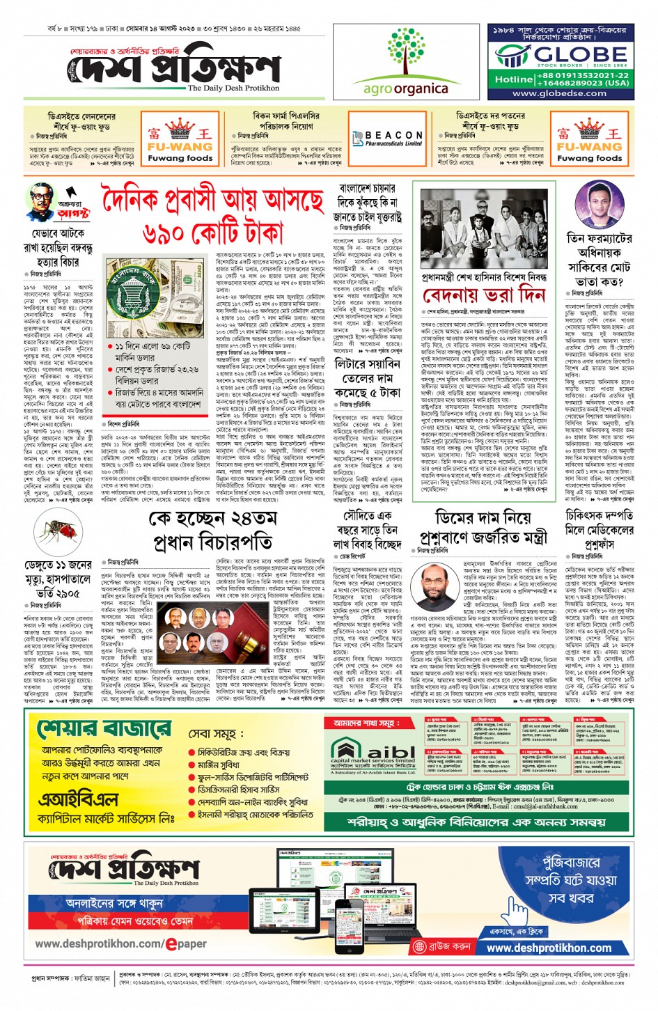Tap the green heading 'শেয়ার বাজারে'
click(104, 728)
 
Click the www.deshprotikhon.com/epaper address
click(120, 944)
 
